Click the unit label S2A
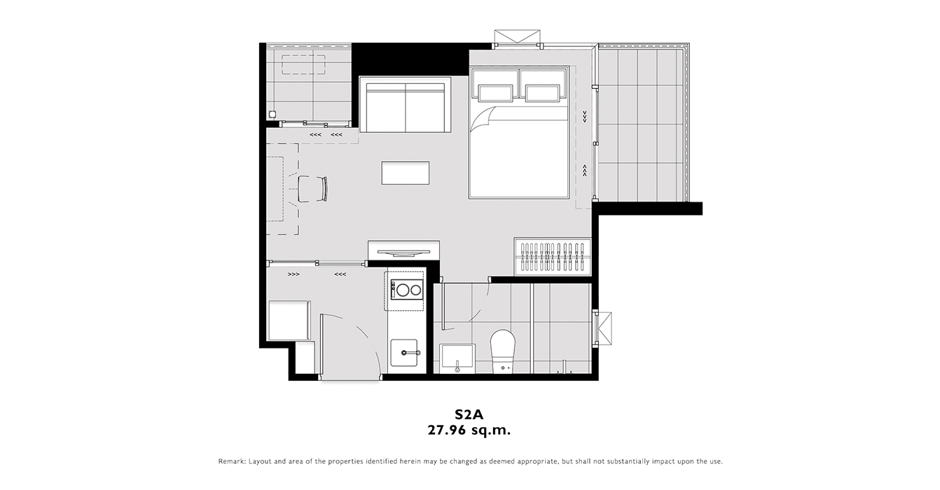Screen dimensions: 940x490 pos(469,414)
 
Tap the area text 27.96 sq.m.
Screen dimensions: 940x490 pos(469,430)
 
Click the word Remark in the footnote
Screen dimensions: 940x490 pos(231,461)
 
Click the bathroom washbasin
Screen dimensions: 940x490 pos(457,358)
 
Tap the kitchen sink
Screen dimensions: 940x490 pos(404,353)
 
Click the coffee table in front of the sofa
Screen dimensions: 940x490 pos(406,173)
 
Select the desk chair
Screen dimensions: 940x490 pos(312,189)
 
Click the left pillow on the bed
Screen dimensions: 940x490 pos(496,93)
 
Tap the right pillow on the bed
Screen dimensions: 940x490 pos(542,93)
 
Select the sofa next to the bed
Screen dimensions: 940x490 pos(405,104)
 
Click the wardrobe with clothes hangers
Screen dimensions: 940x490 pos(553,257)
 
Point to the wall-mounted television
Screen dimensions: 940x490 pos(403,252)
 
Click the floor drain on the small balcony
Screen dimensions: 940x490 pos(272,113)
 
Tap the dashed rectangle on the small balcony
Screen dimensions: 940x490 pos(303,65)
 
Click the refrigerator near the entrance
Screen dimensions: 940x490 pos(289,320)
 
